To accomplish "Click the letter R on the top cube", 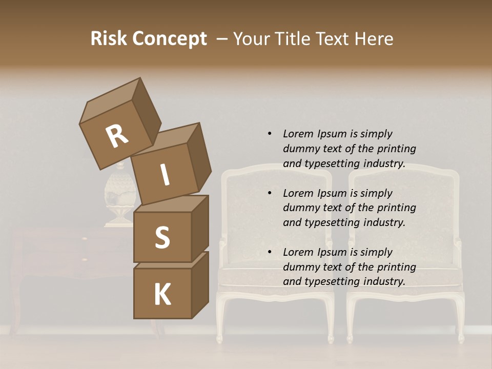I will [x=117, y=136].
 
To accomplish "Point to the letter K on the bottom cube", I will [x=162, y=295].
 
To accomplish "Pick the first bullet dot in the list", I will [x=270, y=134].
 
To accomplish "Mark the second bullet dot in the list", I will [x=270, y=193].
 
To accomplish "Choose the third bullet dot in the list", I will [x=270, y=252].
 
